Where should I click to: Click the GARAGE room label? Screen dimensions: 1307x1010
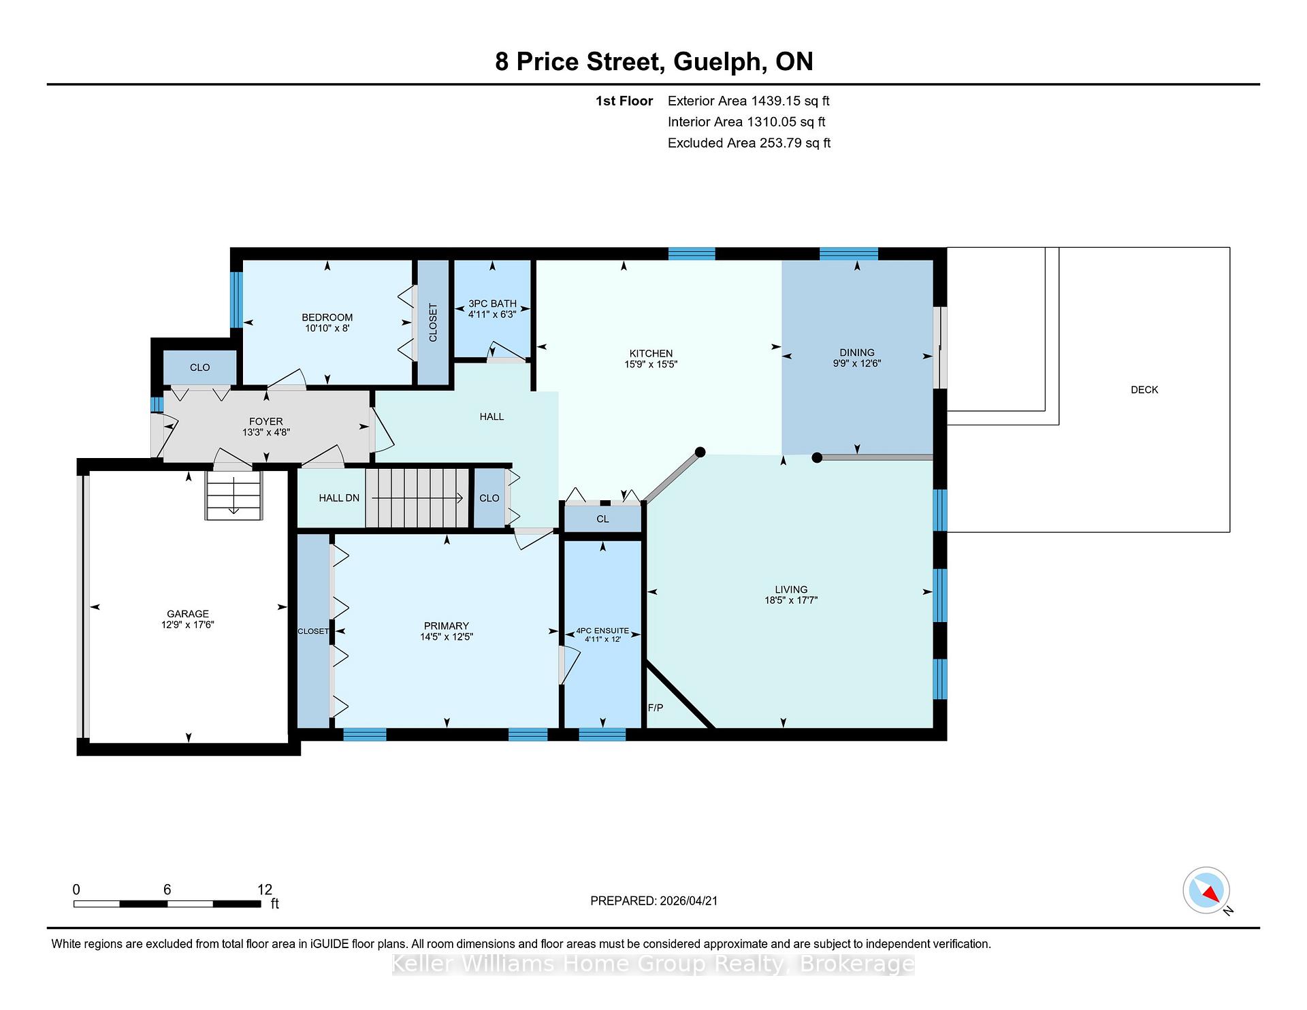[188, 614]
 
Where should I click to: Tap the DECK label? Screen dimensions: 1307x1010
[1144, 390]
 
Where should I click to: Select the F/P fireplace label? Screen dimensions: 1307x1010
[656, 708]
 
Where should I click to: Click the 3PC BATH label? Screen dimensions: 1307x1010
[492, 304]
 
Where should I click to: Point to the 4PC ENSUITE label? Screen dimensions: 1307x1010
[602, 631]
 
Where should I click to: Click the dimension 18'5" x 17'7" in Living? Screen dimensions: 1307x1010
[791, 600]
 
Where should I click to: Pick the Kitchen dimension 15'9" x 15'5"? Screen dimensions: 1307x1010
[651, 364]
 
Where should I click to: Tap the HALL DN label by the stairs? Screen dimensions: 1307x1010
[339, 498]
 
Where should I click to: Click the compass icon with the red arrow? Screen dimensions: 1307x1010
[1207, 890]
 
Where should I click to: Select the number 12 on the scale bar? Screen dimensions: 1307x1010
[265, 890]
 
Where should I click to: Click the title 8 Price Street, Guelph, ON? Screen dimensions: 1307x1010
[653, 62]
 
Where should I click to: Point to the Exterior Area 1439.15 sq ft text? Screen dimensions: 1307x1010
[748, 101]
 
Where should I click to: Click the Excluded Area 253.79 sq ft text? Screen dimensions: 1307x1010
[749, 143]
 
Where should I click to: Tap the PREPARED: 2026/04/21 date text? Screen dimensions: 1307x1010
[653, 901]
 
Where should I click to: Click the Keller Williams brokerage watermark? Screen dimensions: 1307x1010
[653, 964]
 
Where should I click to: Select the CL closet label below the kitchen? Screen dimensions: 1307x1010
[602, 519]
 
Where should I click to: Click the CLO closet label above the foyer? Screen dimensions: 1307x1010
[199, 368]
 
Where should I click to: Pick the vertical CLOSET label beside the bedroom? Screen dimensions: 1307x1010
[433, 323]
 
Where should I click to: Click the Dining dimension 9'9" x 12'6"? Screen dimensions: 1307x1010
[856, 363]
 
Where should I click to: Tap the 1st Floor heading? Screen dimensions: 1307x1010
[624, 101]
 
